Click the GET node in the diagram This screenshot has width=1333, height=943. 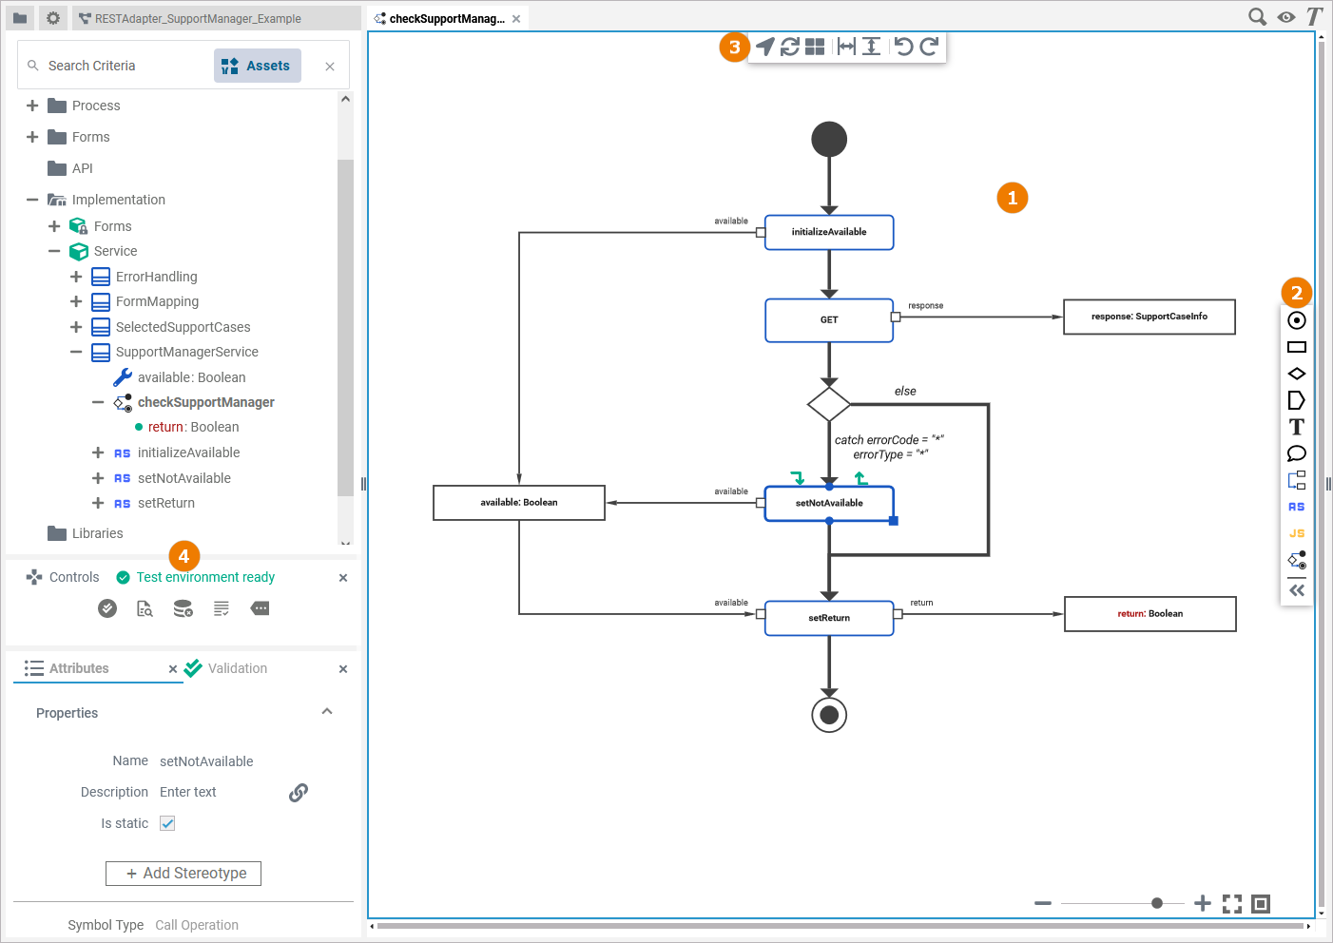click(828, 320)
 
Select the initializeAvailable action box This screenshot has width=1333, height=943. click(828, 232)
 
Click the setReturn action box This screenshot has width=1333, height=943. click(828, 618)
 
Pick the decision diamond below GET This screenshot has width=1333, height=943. click(828, 404)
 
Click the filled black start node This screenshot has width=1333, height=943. click(828, 140)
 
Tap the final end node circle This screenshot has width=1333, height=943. click(828, 715)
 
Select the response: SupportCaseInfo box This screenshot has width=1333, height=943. click(1149, 317)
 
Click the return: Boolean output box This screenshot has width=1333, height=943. click(1149, 614)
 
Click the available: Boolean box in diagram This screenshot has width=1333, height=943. click(518, 503)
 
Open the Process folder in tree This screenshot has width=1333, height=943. click(96, 106)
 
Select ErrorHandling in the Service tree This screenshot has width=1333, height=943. click(156, 277)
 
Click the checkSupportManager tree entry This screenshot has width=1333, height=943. click(205, 402)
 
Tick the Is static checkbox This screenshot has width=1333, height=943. click(167, 823)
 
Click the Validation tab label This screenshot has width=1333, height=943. click(237, 668)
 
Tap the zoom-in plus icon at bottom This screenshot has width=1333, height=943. click(1202, 903)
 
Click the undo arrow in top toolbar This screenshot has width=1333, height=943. click(903, 46)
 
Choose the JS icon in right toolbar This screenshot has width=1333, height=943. click(1296, 533)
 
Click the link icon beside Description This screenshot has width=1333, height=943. click(299, 792)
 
